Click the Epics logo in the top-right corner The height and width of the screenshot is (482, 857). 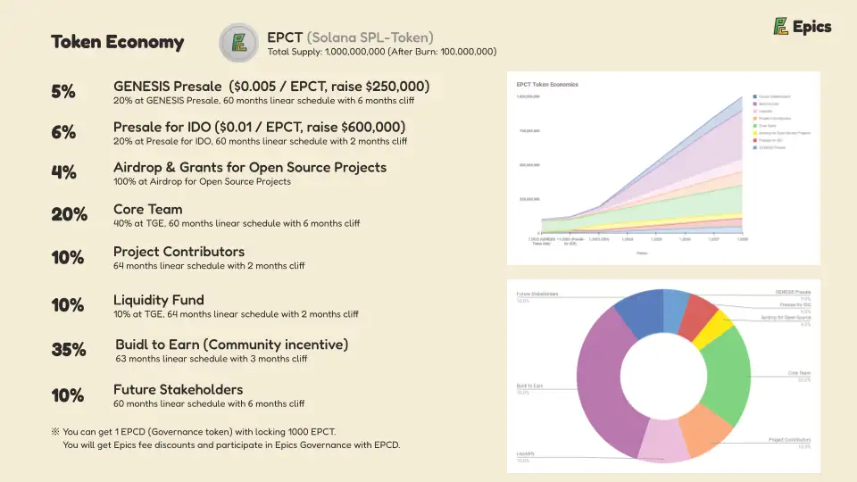click(x=802, y=27)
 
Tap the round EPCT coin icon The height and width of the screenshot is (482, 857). click(x=238, y=43)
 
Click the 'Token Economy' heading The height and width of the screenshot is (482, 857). click(x=117, y=42)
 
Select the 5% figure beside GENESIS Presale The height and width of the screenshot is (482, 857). click(x=63, y=91)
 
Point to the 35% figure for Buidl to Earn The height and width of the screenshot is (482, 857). click(x=69, y=350)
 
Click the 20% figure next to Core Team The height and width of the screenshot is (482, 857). click(x=69, y=214)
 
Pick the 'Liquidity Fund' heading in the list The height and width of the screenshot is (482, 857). click(x=158, y=300)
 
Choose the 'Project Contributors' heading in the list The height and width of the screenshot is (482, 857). click(x=179, y=252)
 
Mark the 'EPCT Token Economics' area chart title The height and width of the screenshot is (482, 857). click(x=547, y=85)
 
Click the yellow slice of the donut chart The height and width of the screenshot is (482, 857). click(x=714, y=329)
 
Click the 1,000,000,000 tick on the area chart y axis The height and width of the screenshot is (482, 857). click(x=528, y=96)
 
